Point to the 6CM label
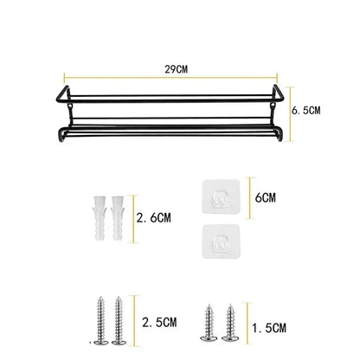(x=267, y=197)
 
